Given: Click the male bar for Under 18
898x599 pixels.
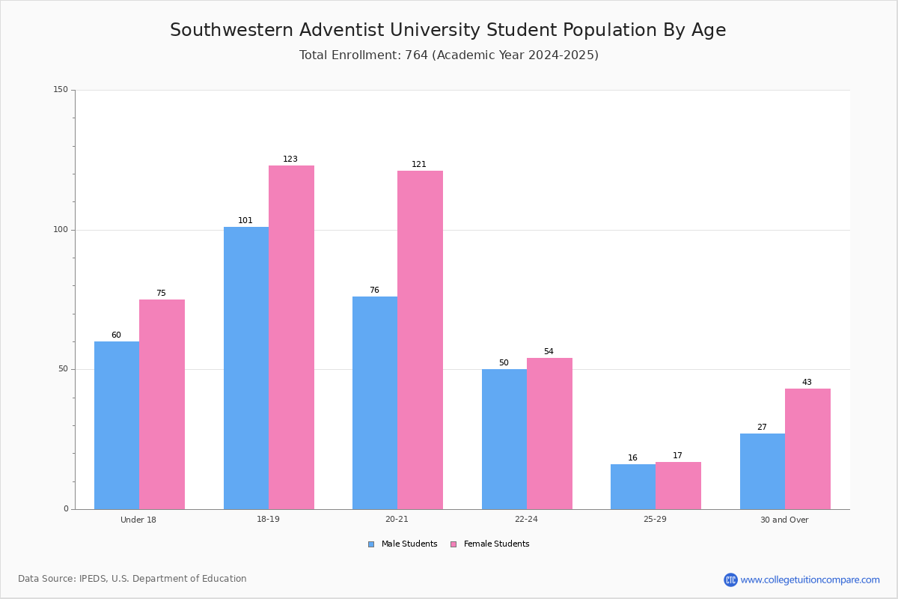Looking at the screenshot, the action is [x=117, y=425].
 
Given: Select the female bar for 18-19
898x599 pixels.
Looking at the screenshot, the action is [x=291, y=338].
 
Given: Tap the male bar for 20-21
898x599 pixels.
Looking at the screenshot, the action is [x=375, y=403].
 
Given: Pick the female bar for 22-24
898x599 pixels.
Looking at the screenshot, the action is [x=549, y=434].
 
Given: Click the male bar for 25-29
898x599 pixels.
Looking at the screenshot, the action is [x=633, y=487].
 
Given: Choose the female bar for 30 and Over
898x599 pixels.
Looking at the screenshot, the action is [x=807, y=449].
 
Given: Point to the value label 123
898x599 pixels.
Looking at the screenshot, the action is [x=290, y=159].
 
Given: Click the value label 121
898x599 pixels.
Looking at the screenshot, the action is [x=418, y=164].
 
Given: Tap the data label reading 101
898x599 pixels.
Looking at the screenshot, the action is [x=245, y=220].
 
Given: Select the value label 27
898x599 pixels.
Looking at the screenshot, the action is [x=762, y=427].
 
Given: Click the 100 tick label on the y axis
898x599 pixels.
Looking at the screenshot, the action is [x=61, y=229].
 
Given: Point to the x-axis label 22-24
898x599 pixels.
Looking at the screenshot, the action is [x=526, y=519].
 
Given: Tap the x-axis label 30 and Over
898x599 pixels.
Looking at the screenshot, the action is [x=784, y=520].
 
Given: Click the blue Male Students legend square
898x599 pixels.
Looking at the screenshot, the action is [x=371, y=544].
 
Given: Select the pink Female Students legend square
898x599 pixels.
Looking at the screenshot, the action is [x=453, y=544].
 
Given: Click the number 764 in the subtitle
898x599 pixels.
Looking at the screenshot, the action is [x=416, y=55].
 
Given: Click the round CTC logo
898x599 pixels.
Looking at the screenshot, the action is [x=730, y=580].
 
